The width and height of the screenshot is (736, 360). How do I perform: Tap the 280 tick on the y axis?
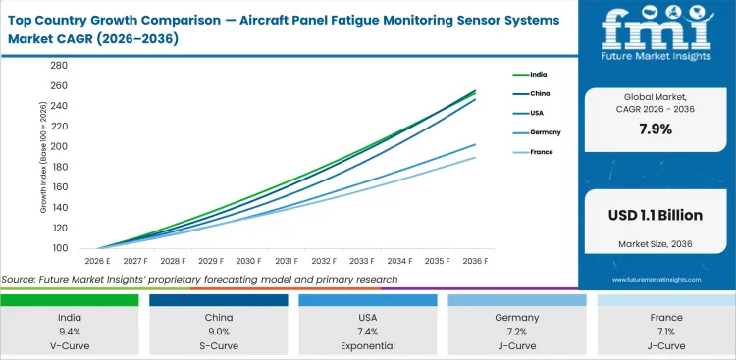click(58, 66)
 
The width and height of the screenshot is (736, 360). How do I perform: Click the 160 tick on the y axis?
click(58, 187)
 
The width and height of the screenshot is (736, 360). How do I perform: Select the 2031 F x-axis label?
click(288, 261)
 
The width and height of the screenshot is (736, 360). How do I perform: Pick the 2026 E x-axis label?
click(98, 261)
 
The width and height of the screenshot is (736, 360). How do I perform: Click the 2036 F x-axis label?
click(476, 261)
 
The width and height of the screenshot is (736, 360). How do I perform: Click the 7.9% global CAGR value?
click(656, 129)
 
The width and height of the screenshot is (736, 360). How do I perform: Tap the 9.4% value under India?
click(69, 332)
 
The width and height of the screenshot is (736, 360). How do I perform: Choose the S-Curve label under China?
click(218, 345)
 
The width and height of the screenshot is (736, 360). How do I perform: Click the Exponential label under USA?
click(367, 345)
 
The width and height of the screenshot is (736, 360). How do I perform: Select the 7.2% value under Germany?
click(516, 332)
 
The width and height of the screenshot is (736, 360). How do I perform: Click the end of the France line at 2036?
click(476, 157)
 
